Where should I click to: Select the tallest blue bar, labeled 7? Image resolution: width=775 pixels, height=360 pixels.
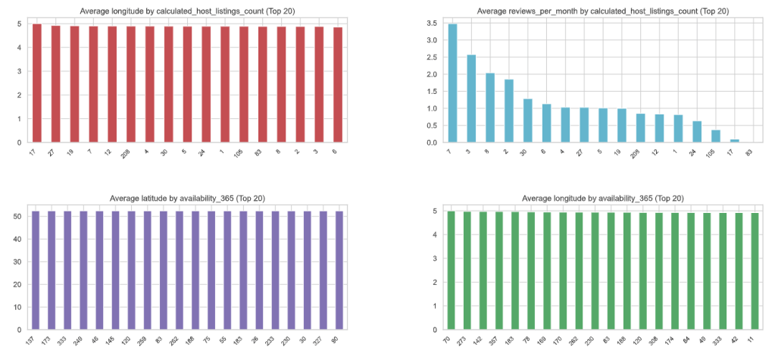[x=452, y=83]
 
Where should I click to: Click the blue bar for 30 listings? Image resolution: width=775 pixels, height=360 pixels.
[x=526, y=121]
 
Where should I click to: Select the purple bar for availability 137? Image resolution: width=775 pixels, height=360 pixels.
[x=36, y=271]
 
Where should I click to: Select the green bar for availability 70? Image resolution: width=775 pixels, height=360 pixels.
[x=452, y=271]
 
